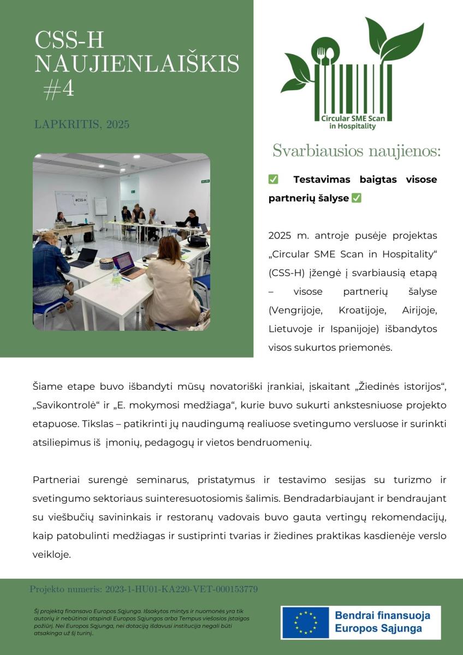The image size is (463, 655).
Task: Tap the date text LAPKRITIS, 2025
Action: click(x=82, y=124)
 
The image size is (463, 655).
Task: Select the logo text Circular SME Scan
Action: click(x=352, y=118)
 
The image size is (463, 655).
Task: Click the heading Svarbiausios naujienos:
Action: click(x=356, y=151)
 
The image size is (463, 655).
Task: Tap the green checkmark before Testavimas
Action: click(x=274, y=180)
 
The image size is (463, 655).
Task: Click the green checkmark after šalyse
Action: click(x=357, y=198)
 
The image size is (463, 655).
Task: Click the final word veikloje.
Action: click(x=51, y=554)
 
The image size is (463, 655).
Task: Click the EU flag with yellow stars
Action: click(x=306, y=622)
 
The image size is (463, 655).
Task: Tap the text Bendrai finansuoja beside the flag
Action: click(x=382, y=615)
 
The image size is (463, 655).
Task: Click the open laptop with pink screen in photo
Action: click(x=126, y=263)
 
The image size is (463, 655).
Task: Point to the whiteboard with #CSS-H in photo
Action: click(x=72, y=202)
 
